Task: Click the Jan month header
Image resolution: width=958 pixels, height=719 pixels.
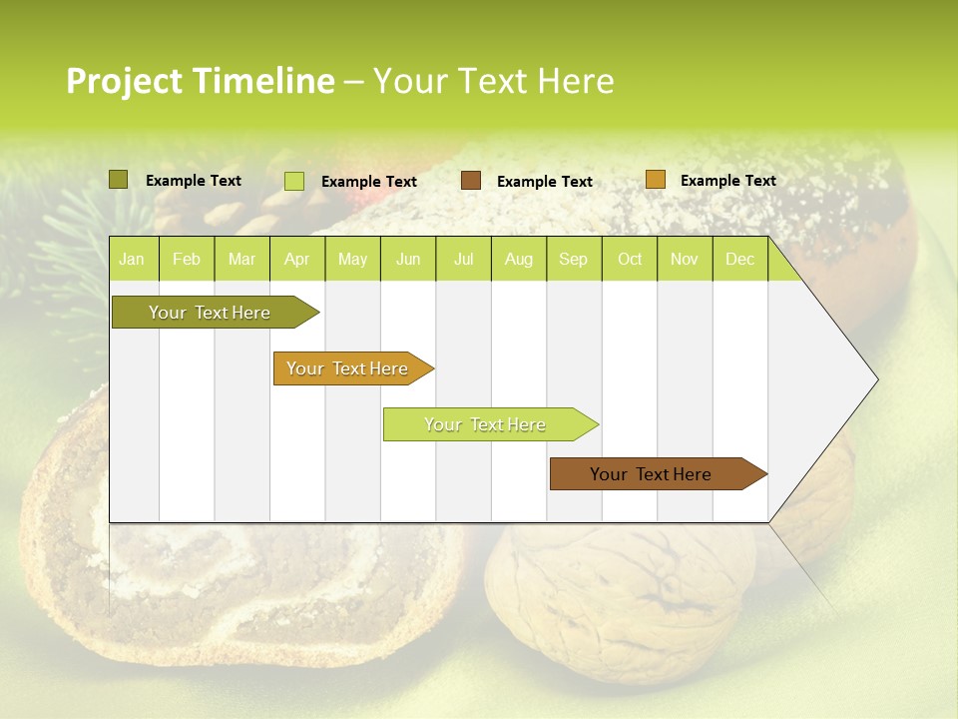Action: [x=132, y=260]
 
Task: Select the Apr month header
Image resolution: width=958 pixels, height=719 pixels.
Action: [x=296, y=260]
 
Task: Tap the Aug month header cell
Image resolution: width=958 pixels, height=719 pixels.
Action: [x=518, y=260]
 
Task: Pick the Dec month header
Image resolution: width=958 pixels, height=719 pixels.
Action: [x=739, y=260]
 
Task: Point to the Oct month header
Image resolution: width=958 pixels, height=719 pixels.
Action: [x=630, y=260]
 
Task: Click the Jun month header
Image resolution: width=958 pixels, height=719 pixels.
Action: [x=408, y=260]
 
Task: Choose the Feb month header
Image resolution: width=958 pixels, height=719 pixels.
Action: [x=187, y=260]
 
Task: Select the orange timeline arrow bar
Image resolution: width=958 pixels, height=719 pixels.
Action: [x=349, y=368]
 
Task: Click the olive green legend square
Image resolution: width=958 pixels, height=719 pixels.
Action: [x=119, y=180]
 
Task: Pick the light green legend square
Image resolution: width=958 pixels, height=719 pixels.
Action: [x=294, y=181]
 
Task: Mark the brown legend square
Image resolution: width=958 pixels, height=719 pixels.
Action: [x=471, y=181]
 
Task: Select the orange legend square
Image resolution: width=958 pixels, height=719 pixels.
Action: [x=655, y=180]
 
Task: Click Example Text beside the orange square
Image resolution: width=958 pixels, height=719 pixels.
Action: [x=727, y=181]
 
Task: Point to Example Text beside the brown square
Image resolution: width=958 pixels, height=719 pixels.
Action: [x=544, y=182]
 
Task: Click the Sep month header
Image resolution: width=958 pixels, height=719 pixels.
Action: [x=573, y=260]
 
